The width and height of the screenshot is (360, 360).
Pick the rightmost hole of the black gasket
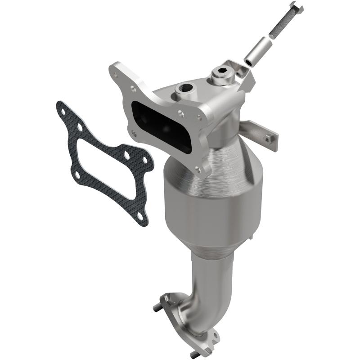[x=145, y=162]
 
